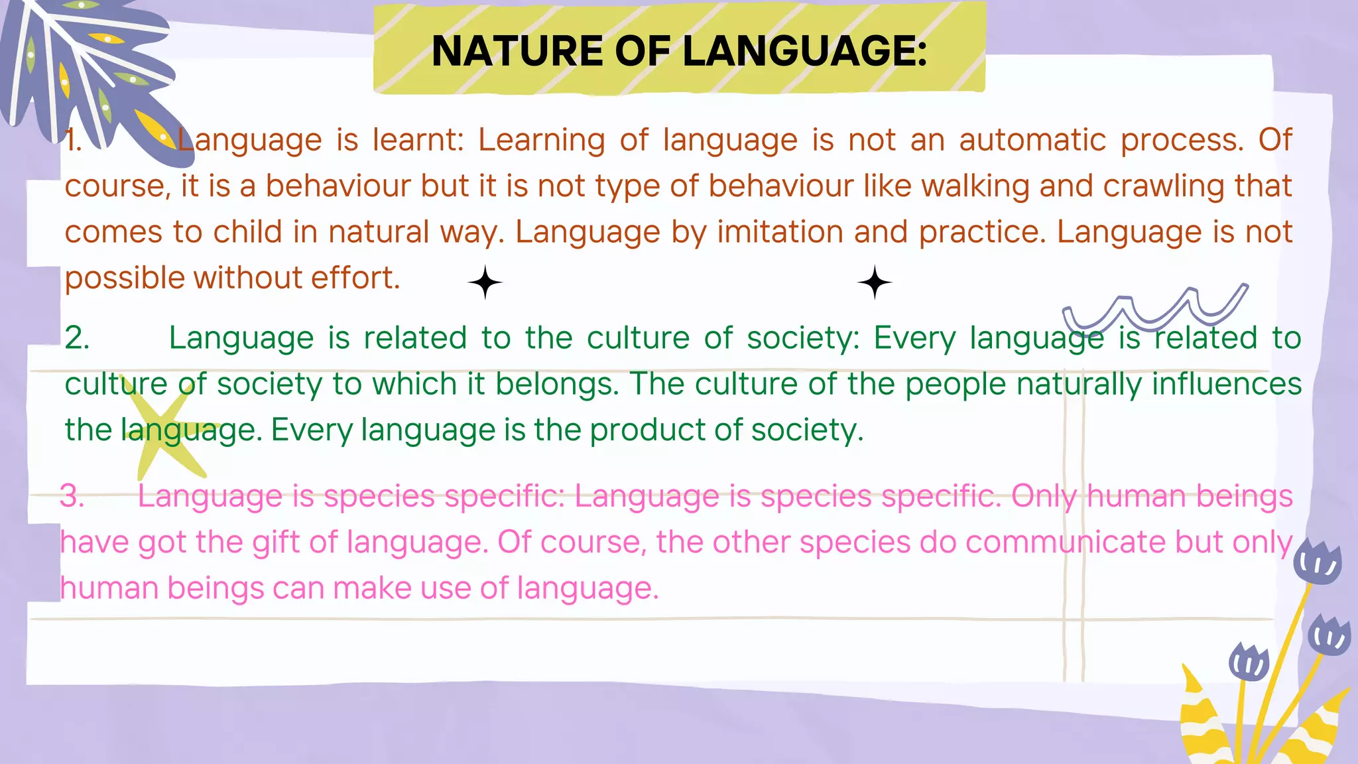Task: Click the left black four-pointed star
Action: (485, 283)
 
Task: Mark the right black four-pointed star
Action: (875, 283)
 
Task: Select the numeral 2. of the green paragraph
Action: (77, 338)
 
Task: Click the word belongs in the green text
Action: (557, 384)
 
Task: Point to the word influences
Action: (1227, 384)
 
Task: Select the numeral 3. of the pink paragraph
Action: (72, 496)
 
